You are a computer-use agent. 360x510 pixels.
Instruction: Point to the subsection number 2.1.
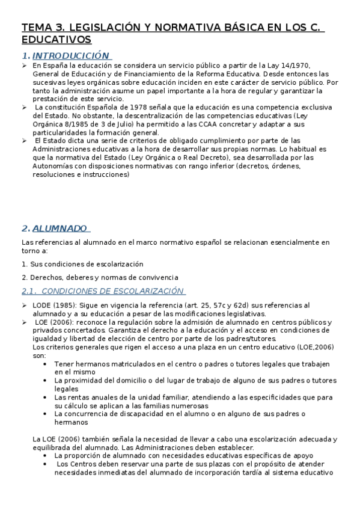[29, 291]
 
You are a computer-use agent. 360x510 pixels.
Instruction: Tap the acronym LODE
[43, 306]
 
